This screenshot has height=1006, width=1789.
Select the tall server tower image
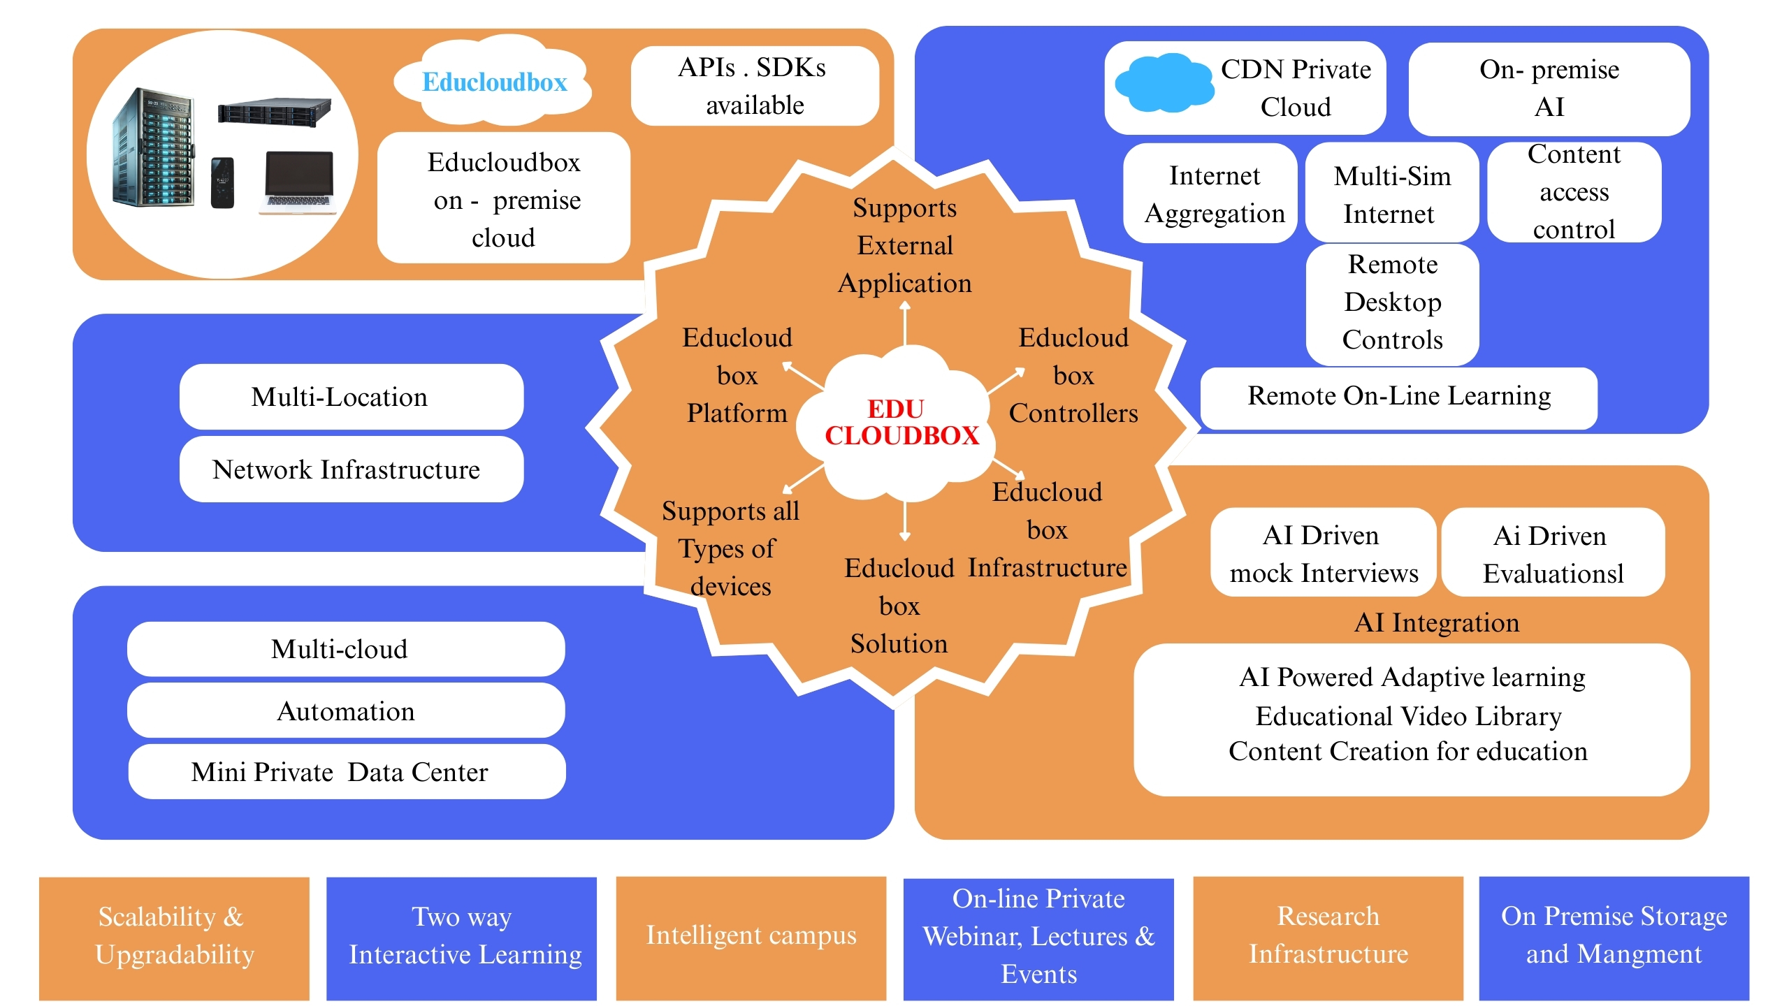click(153, 148)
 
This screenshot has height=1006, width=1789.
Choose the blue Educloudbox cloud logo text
click(494, 82)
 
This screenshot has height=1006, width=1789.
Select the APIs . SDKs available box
click(754, 86)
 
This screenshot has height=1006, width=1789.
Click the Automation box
click(346, 711)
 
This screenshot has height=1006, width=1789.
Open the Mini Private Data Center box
click(346, 772)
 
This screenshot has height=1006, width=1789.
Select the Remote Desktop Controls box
click(1391, 302)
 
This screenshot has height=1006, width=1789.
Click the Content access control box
click(1573, 192)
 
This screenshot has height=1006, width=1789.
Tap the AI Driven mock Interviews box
click(1323, 553)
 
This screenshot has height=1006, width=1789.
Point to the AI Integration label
click(1436, 622)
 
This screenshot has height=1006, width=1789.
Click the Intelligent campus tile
click(751, 936)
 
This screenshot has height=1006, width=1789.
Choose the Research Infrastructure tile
click(1328, 936)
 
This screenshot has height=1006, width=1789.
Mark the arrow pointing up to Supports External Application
click(905, 323)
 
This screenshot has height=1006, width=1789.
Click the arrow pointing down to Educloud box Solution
click(905, 521)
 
